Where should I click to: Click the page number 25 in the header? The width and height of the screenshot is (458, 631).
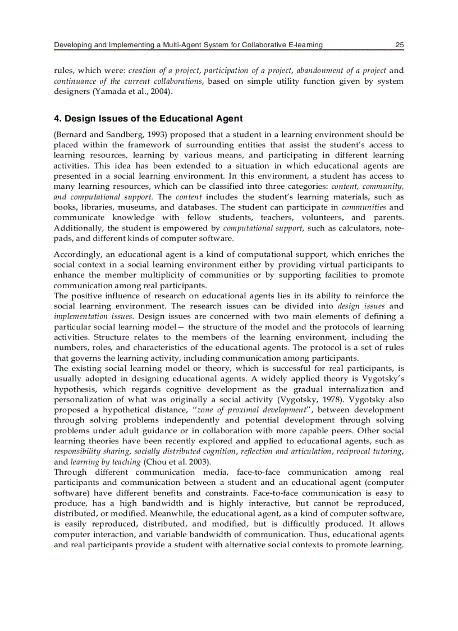399,45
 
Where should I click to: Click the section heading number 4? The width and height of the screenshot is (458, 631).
57,119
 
